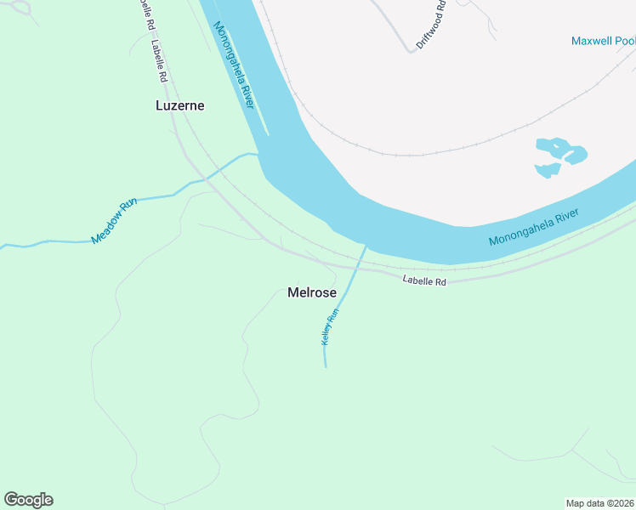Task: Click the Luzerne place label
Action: point(180,105)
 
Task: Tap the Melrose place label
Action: point(312,292)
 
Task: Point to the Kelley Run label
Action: point(330,326)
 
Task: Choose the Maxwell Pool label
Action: point(603,41)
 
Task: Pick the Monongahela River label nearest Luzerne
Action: point(234,65)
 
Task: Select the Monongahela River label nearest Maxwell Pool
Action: point(534,227)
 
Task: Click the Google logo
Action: point(28,500)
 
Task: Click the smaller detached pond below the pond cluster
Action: point(546,170)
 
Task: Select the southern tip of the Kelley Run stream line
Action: point(326,366)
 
